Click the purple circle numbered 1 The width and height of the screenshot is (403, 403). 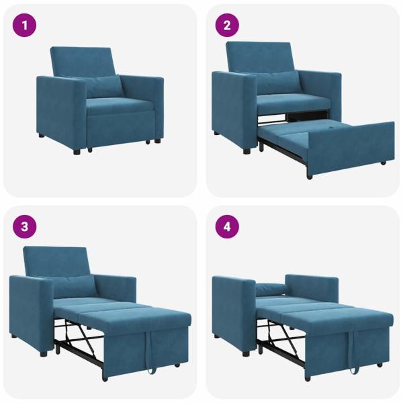(x=25, y=26)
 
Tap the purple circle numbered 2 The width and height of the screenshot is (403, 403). (x=227, y=26)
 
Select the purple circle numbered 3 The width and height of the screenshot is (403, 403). (x=25, y=226)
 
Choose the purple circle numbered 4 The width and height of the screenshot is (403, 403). (x=227, y=226)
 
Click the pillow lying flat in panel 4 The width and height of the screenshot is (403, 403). (x=271, y=289)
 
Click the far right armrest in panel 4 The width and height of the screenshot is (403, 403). (x=312, y=289)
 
